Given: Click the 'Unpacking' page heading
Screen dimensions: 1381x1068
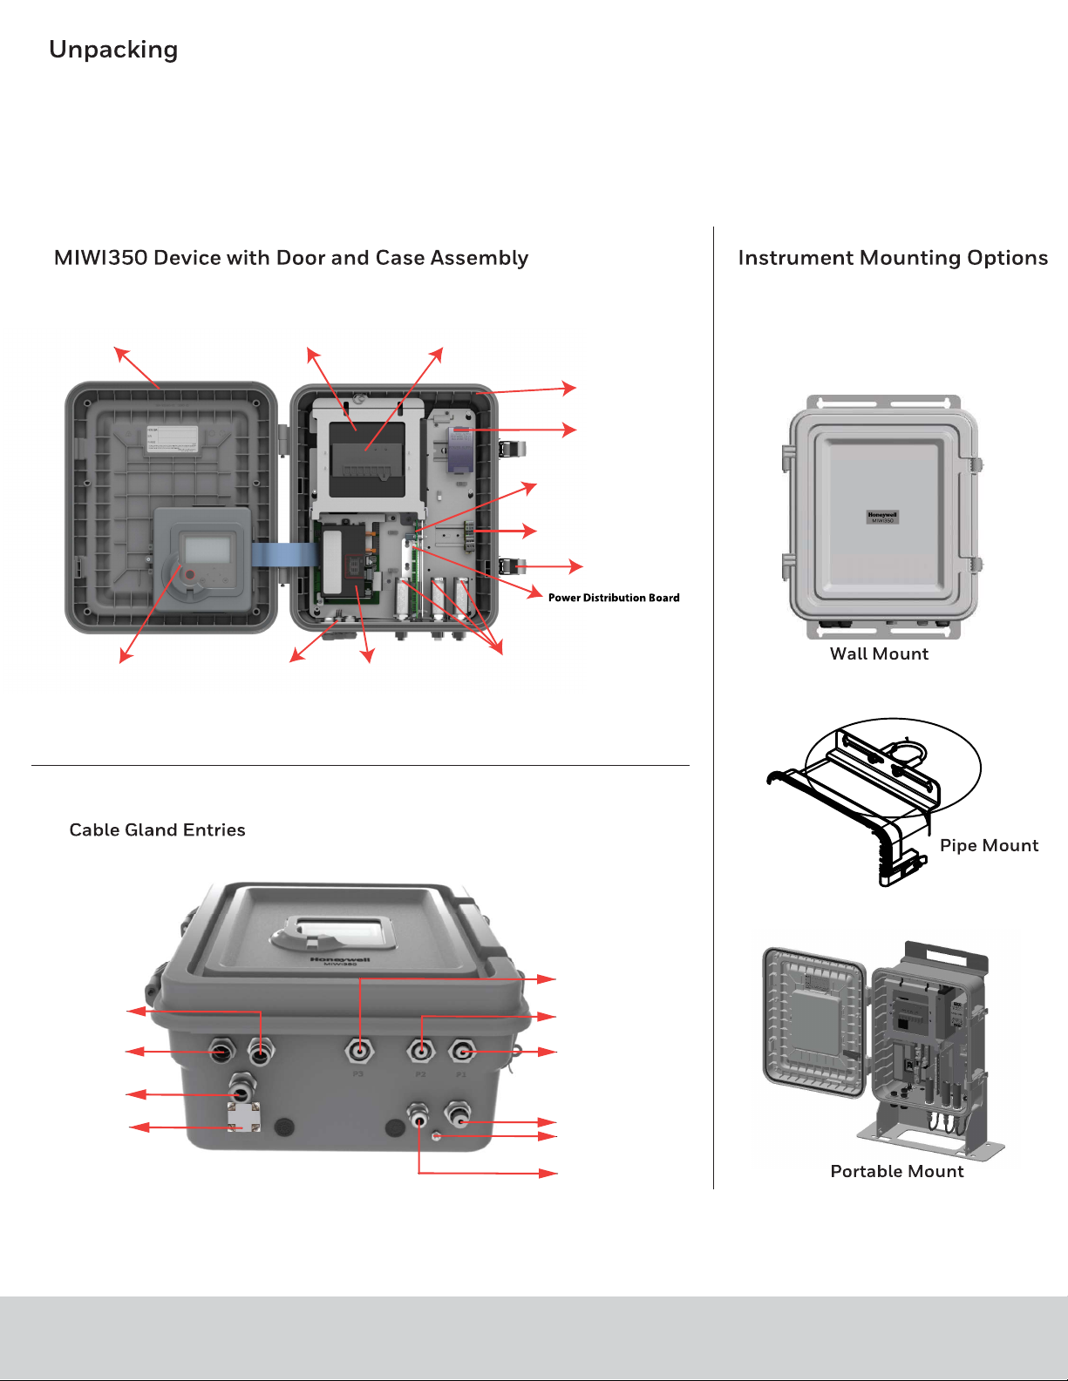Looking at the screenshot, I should (x=113, y=51).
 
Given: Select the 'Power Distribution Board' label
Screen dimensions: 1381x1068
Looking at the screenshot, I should (x=614, y=598).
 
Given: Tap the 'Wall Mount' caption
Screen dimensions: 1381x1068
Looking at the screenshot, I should (x=879, y=654).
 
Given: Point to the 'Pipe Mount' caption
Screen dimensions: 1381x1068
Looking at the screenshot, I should (x=989, y=846).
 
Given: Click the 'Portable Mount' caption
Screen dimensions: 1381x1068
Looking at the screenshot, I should (x=897, y=1172).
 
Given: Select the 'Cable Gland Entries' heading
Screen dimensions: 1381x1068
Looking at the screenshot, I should (x=158, y=830).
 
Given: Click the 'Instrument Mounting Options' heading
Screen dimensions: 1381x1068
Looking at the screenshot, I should (x=893, y=258).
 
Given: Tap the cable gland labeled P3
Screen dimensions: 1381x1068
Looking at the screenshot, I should (x=359, y=1053).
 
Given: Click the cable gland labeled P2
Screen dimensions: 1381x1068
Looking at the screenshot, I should (x=421, y=1053).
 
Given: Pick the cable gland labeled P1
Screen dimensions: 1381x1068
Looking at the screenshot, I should (x=462, y=1053).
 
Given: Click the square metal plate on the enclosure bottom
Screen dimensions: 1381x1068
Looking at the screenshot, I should (x=243, y=1117).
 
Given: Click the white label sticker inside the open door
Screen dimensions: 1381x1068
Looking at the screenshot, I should (x=172, y=439).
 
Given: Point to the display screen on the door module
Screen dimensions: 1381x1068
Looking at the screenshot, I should (x=207, y=550).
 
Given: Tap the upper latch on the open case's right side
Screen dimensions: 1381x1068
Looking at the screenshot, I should (x=510, y=450).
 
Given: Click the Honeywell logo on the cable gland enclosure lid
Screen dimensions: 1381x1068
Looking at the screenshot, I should (x=340, y=959).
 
